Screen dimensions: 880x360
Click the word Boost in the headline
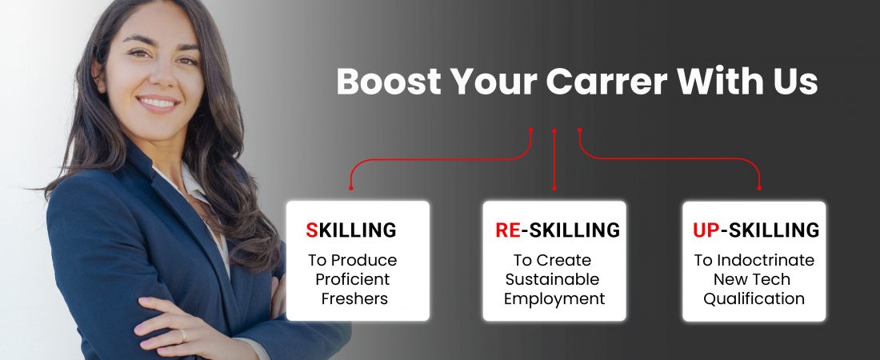pos(389,82)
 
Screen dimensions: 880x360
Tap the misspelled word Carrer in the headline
pos(606,82)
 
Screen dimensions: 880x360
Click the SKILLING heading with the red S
pos(350,230)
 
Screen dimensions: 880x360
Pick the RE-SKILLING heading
pos(558,230)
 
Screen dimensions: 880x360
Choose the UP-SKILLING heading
pos(755,230)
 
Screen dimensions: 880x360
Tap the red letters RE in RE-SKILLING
pos(508,230)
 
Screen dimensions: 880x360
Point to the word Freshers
pos(354,298)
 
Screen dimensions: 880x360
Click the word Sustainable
pos(552,279)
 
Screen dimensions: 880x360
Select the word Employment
pos(554,299)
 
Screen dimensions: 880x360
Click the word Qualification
pos(754,298)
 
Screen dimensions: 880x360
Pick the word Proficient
pos(353,279)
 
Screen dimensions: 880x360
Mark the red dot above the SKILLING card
pos(350,187)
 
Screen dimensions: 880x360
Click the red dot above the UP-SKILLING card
pos(759,187)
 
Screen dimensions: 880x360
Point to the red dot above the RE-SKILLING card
pos(554,188)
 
